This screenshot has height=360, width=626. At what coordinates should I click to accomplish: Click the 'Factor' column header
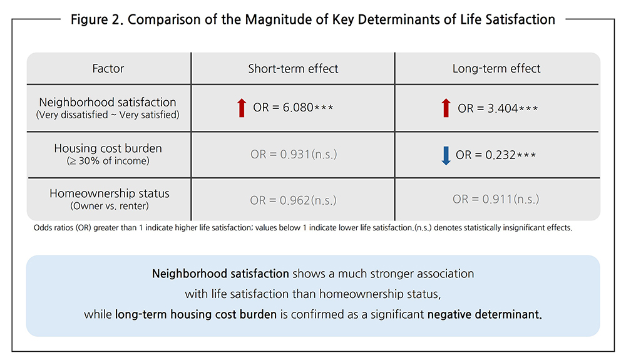(x=108, y=69)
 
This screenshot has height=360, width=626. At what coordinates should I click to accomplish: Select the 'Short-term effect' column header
(x=293, y=69)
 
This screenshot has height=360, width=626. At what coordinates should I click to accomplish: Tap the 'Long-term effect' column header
(x=496, y=69)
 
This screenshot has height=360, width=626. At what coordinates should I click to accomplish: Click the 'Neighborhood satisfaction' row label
(x=108, y=102)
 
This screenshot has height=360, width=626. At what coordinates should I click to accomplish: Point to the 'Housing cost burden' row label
(x=108, y=148)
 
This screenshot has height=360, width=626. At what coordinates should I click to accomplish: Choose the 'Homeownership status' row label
(x=110, y=193)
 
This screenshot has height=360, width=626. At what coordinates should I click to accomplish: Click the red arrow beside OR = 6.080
(x=242, y=108)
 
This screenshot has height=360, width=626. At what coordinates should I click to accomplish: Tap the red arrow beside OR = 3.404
(x=446, y=108)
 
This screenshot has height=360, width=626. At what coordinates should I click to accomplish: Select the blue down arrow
(x=446, y=155)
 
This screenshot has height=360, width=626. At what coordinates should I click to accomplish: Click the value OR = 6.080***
(x=293, y=108)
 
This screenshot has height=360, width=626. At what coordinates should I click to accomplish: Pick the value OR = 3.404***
(x=498, y=108)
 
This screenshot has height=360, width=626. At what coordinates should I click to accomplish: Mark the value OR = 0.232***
(x=495, y=155)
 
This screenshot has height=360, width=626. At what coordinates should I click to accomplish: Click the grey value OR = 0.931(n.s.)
(x=294, y=154)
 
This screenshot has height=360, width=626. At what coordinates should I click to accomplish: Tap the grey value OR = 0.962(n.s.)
(x=293, y=200)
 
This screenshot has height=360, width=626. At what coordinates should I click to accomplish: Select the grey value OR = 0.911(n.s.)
(x=495, y=198)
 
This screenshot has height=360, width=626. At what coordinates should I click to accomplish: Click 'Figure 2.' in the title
(x=97, y=19)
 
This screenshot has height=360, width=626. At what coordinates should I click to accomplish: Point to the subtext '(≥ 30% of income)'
(x=108, y=161)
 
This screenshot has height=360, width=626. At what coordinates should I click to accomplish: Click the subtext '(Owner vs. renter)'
(x=110, y=206)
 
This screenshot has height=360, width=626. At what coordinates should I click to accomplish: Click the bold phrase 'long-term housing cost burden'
(x=195, y=314)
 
